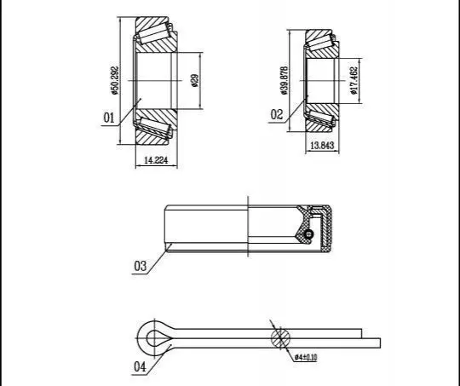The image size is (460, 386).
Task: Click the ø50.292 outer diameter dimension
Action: coord(115,80)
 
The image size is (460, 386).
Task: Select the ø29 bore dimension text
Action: coord(195,80)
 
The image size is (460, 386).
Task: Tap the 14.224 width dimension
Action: coord(156,160)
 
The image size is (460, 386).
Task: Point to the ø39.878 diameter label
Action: coord(285,80)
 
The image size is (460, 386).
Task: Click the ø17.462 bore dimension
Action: coord(354,80)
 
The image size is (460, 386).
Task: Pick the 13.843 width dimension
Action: coord(322,146)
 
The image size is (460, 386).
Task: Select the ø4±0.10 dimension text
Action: coord(306,357)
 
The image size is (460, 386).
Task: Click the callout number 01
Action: coord(108,118)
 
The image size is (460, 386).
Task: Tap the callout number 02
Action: coord(277,114)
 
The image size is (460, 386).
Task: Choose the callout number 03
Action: coord(140,266)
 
